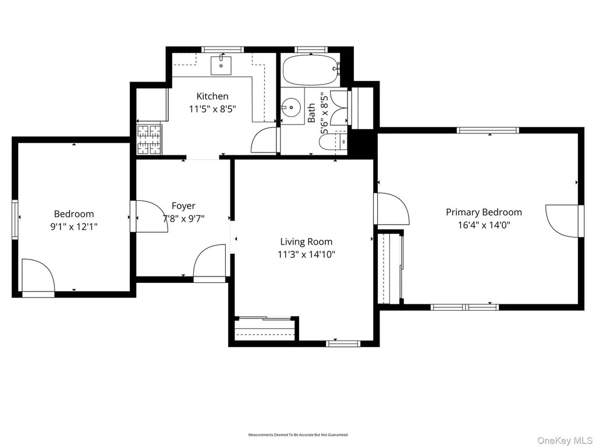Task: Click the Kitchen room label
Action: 212,96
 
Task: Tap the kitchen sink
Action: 221,65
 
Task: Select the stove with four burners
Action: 149,140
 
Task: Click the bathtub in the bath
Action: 310,70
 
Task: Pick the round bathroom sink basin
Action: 291,107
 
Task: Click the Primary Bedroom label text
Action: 484,212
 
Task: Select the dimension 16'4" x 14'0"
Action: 484,225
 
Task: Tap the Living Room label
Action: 306,242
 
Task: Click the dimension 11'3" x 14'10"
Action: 306,254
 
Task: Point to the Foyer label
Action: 183,206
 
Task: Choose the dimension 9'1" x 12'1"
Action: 74,227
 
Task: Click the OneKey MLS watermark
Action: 565,440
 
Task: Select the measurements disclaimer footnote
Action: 297,434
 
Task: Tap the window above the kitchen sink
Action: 222,49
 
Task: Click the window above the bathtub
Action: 311,49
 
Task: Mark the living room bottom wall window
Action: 343,343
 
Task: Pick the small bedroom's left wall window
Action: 15,219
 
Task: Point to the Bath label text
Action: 311,113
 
